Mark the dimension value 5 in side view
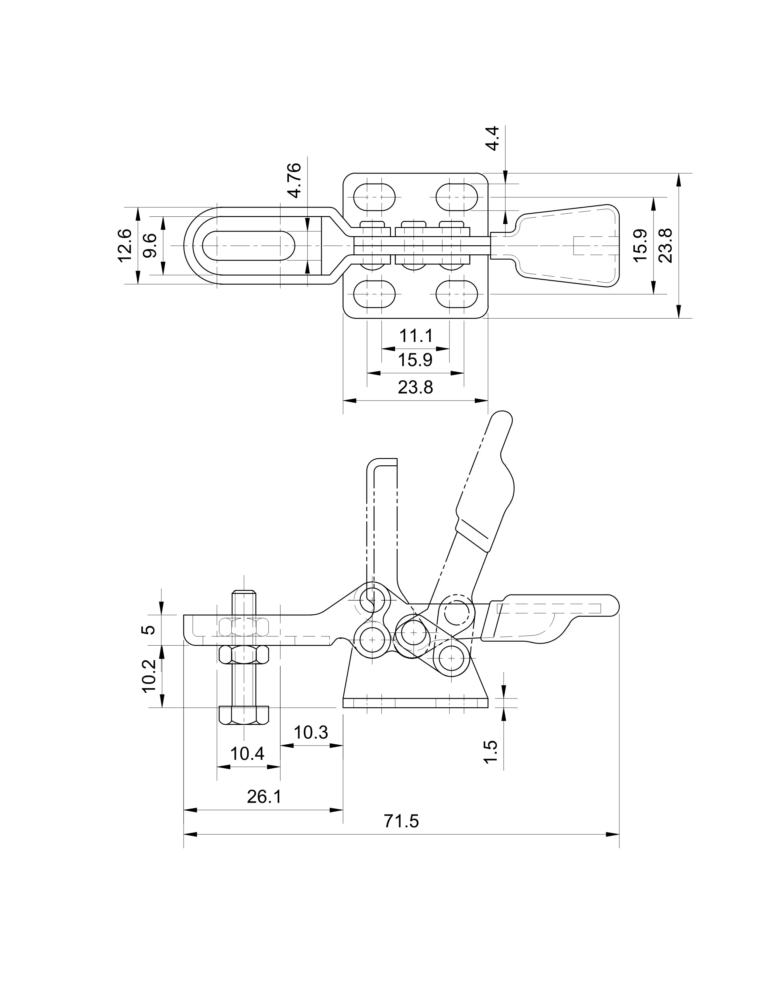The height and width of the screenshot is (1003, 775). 149,629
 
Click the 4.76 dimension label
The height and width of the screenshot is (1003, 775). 292,180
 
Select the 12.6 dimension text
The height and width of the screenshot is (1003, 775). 125,245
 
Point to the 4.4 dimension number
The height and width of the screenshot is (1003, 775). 492,138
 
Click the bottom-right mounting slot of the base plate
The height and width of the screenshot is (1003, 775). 457,294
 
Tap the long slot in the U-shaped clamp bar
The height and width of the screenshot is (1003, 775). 248,246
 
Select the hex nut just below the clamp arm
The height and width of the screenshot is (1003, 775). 244,654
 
